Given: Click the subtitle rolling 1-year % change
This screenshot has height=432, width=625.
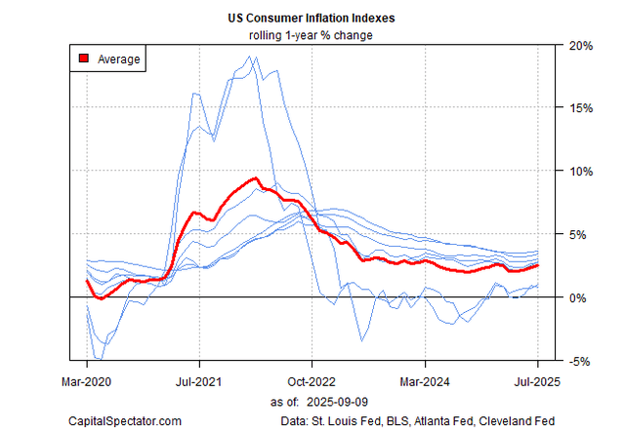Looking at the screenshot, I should [313, 37].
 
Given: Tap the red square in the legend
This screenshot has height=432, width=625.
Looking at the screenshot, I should [83, 59].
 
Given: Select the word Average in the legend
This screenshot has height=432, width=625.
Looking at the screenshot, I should [119, 59].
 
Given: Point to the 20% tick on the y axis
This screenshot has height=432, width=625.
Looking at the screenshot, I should [580, 45].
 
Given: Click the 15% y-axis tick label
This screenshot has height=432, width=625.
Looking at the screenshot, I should [580, 108].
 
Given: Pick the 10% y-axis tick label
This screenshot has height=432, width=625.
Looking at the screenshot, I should [580, 171].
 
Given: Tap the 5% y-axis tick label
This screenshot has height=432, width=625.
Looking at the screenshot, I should [577, 234].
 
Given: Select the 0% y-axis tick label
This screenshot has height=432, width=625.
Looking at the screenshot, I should [577, 296].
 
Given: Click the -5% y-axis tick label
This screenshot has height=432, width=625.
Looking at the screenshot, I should [578, 360].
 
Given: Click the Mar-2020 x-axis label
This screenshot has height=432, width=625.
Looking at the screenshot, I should [87, 382].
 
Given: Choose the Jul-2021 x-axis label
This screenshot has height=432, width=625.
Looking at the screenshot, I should [200, 382].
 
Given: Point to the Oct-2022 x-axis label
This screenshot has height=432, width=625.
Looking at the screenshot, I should [312, 382].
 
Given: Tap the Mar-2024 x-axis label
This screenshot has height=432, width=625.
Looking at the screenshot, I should [426, 382].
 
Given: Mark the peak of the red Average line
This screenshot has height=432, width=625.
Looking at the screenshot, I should [255, 178].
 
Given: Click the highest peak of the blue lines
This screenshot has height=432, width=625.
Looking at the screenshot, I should [253, 57].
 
